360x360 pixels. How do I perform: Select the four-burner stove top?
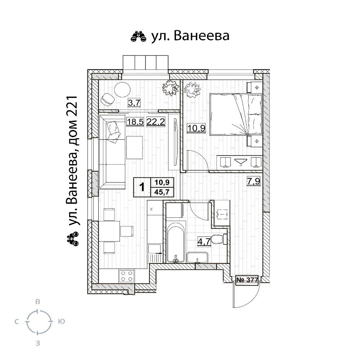pyautogui.click(x=126, y=276)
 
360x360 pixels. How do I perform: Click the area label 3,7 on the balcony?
pyautogui.click(x=134, y=103)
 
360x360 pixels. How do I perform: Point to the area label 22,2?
pyautogui.click(x=156, y=122)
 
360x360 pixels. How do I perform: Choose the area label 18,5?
pyautogui.click(x=135, y=122)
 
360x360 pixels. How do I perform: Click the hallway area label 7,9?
pyautogui.click(x=253, y=181)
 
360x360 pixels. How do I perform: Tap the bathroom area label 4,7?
pyautogui.click(x=204, y=242)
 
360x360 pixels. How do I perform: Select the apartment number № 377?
pyautogui.click(x=247, y=280)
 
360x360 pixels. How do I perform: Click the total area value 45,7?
pyautogui.click(x=162, y=192)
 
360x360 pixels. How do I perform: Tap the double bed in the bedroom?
pyautogui.click(x=236, y=114)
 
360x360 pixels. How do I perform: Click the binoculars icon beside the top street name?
pyautogui.click(x=139, y=37)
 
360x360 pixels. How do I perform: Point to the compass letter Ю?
pyautogui.click(x=61, y=321)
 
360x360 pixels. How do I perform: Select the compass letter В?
pyautogui.click(x=38, y=301)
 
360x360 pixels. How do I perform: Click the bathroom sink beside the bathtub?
pyautogui.click(x=197, y=258)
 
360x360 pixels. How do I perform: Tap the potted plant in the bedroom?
pyautogui.click(x=192, y=90)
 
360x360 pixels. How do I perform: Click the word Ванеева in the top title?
pyautogui.click(x=202, y=36)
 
